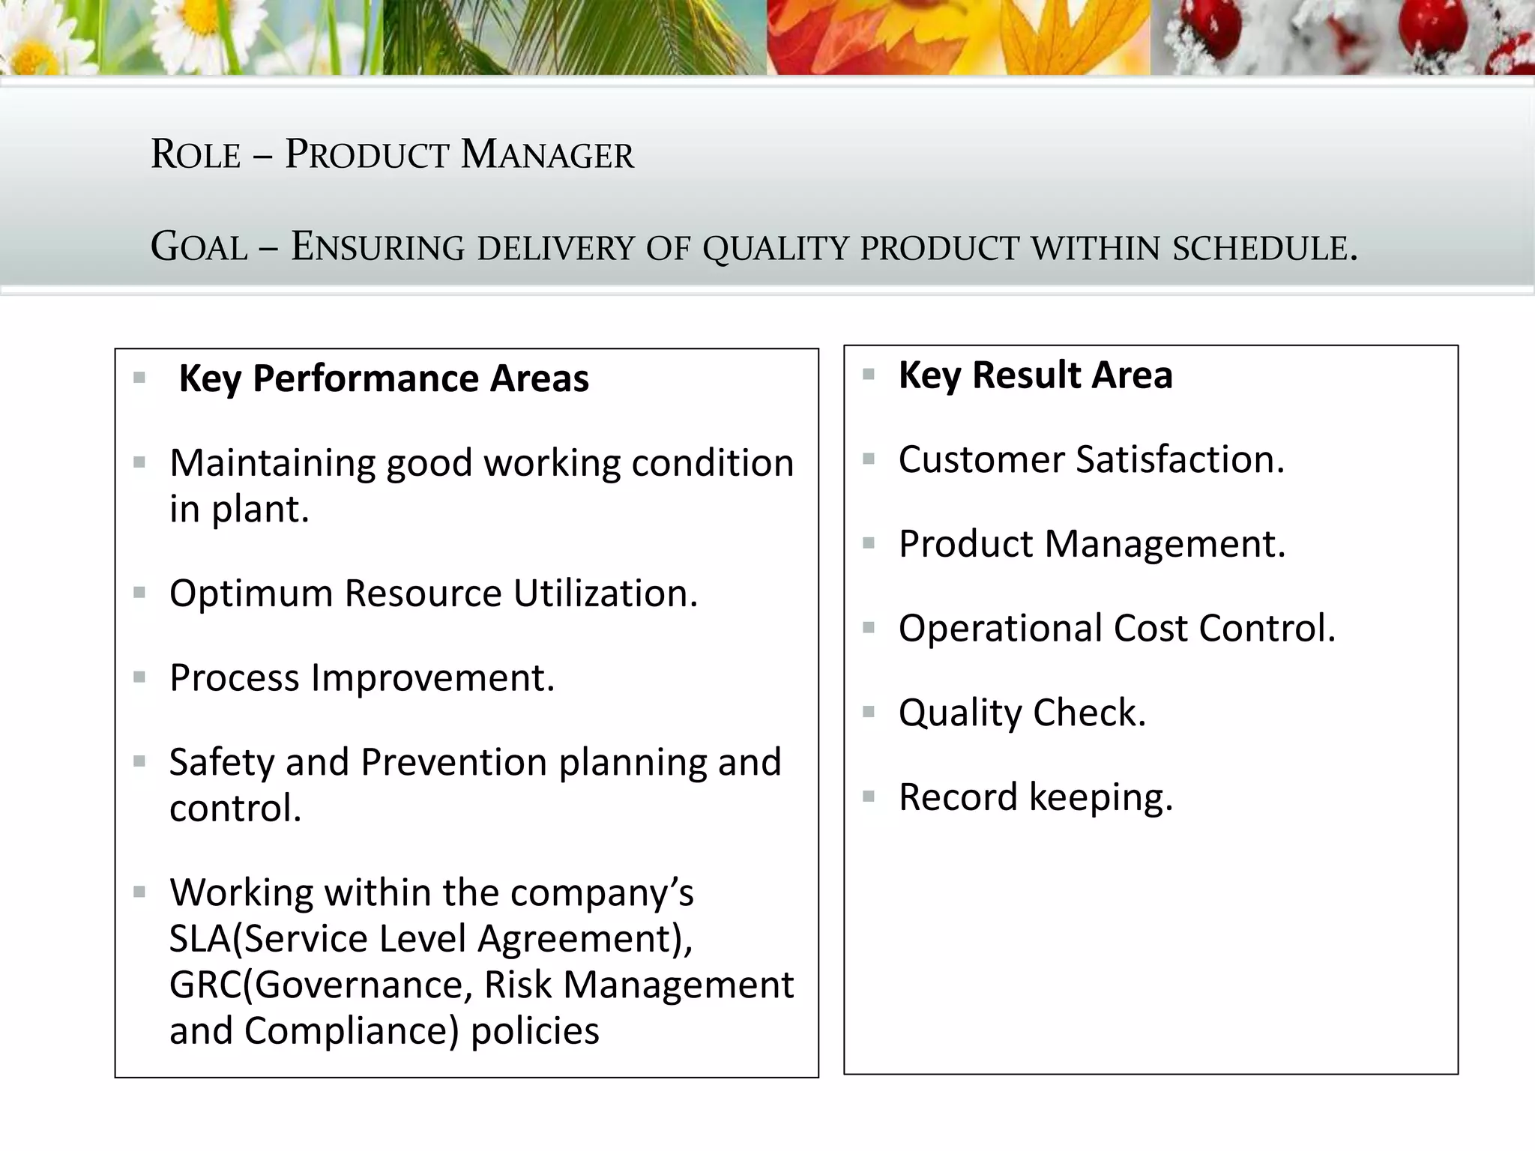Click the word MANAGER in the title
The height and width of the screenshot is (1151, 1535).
(547, 154)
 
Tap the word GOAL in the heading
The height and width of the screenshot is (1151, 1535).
(199, 247)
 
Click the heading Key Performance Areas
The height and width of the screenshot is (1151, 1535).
(384, 378)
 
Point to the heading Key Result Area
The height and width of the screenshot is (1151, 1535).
(1035, 375)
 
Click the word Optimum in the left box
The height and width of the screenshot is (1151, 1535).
(251, 594)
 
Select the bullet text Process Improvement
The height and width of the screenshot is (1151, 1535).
(362, 678)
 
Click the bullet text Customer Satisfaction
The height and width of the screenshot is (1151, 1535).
(1091, 459)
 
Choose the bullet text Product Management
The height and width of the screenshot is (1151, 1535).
(1092, 544)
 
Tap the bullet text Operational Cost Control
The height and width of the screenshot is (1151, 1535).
(1117, 629)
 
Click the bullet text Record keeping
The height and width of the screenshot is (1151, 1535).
(1035, 797)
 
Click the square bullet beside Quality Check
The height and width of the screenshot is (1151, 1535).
(869, 712)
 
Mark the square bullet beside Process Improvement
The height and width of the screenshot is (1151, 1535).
(139, 677)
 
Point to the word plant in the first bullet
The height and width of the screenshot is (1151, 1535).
(259, 510)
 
